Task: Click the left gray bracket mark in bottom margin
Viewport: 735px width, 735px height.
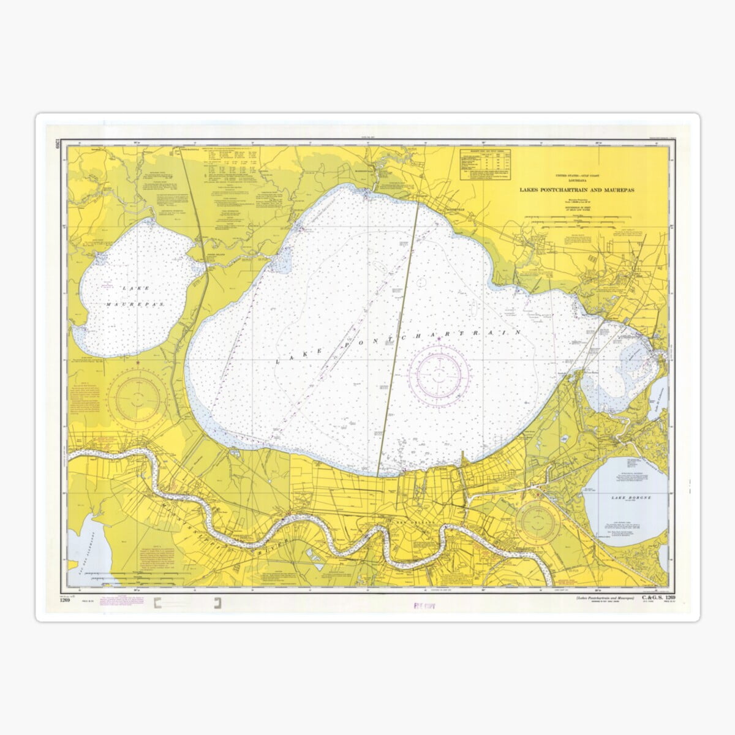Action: tap(160, 605)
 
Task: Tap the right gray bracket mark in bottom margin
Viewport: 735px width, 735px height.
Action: tap(217, 605)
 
